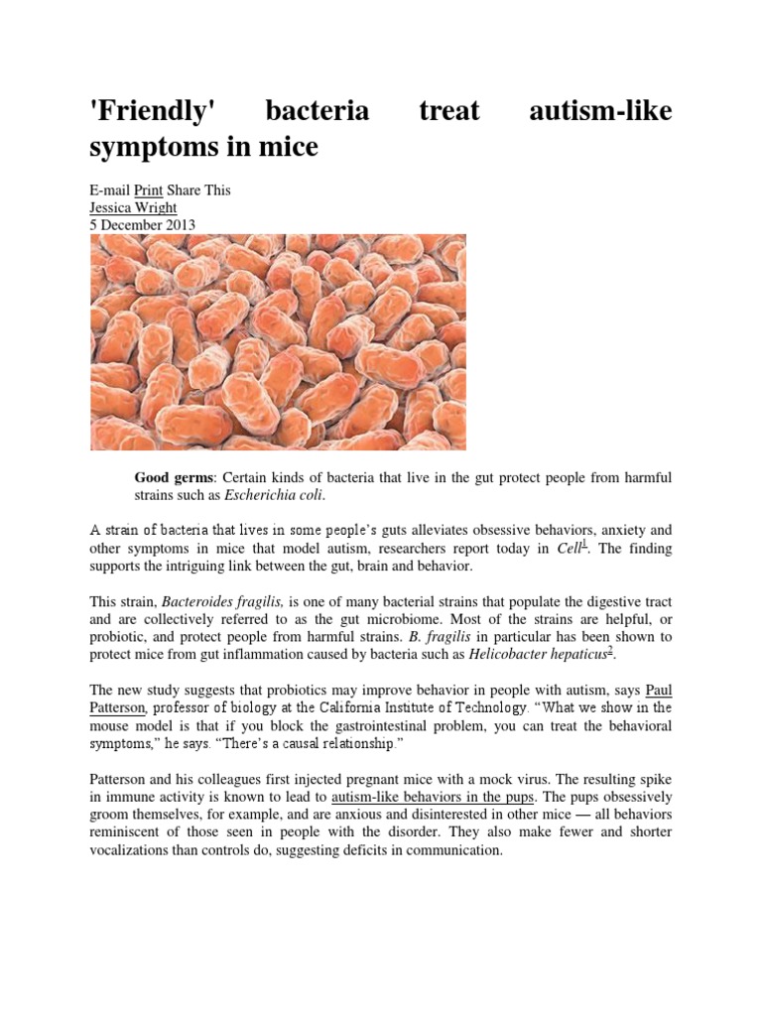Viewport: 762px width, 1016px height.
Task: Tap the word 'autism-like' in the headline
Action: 599,110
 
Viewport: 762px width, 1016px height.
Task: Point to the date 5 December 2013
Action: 143,225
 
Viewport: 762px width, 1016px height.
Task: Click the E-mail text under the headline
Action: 110,190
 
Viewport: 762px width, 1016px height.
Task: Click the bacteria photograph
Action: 279,341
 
